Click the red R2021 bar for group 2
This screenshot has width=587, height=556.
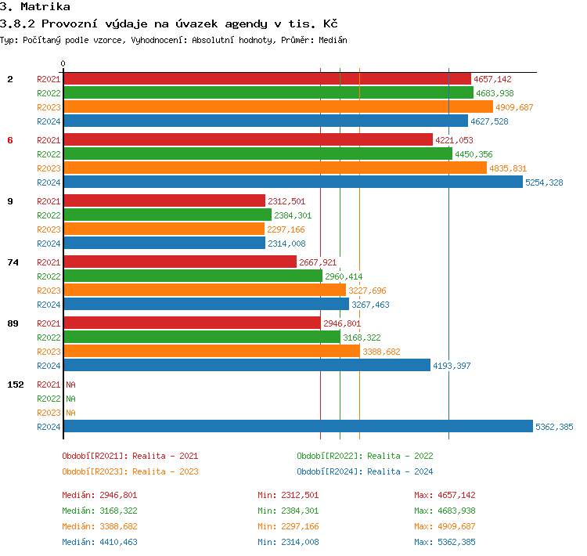[x=266, y=79]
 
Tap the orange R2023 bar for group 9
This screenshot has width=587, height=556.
[x=164, y=229]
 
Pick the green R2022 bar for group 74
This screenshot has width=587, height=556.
[x=192, y=276]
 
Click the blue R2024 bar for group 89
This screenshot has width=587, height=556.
[x=247, y=366]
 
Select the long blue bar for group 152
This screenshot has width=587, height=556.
[x=297, y=427]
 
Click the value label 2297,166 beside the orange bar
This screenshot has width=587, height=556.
[x=286, y=229]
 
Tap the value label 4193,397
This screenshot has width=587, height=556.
[x=452, y=366]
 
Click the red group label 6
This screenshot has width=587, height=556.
[x=10, y=140]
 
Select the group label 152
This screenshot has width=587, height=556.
[x=15, y=385]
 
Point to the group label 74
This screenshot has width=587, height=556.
[x=13, y=262]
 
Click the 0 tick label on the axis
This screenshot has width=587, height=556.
[x=63, y=63]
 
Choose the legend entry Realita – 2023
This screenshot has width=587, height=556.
[x=130, y=471]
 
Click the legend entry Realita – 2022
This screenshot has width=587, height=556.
[x=365, y=456]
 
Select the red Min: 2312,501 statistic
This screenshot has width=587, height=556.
[x=288, y=495]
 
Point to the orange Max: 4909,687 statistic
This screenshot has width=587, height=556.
[x=445, y=526]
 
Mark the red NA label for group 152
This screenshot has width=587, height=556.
[x=70, y=385]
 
